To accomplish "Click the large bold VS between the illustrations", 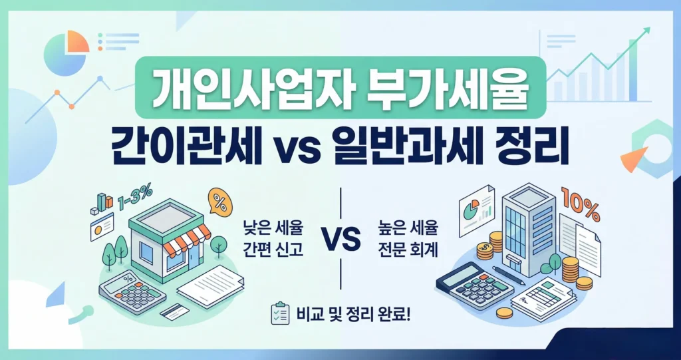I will (340, 238).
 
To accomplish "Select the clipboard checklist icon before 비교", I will (279, 313).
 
